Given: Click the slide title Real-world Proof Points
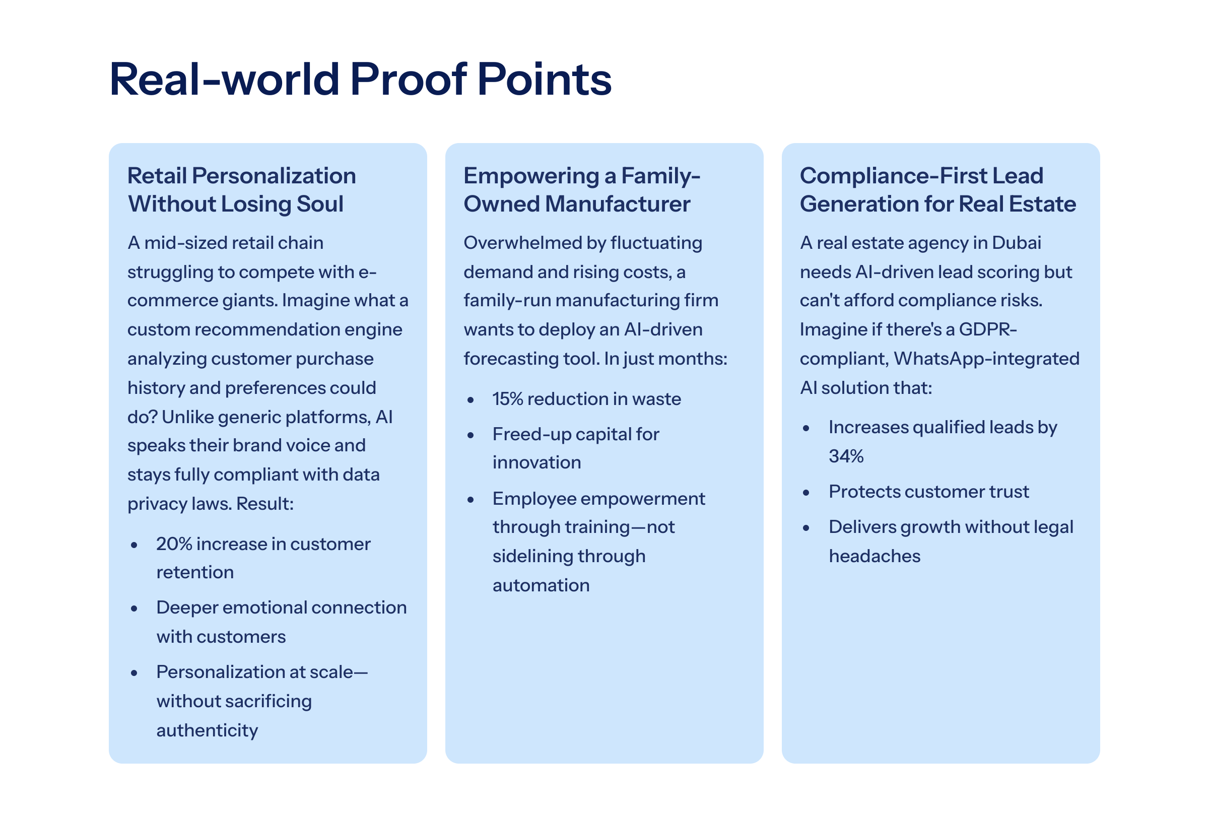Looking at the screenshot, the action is click(360, 79).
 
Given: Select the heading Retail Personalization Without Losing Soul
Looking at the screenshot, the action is click(242, 190).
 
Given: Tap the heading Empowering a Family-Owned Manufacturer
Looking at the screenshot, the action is click(582, 190).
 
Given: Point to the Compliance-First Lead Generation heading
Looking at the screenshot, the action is click(938, 190).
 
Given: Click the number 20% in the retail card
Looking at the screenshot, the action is click(174, 544).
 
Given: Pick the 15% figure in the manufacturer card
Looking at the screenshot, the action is click(508, 399).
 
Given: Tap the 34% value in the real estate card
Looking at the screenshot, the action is click(846, 456).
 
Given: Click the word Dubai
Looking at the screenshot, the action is click(1016, 243).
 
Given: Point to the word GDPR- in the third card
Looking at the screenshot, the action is click(988, 330).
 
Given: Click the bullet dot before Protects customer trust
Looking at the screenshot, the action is click(806, 493).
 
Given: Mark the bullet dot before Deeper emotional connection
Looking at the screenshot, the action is click(135, 608).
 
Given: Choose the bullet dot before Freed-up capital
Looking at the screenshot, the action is click(471, 436).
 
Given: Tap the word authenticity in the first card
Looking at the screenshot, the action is click(208, 731).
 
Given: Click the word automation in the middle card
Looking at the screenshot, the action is click(541, 585).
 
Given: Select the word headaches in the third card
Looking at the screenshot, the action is click(875, 556).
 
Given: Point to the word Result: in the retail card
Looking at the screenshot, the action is click(265, 504).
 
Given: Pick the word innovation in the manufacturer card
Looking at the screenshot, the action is click(536, 462).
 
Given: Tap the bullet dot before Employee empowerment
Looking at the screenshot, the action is click(471, 500).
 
